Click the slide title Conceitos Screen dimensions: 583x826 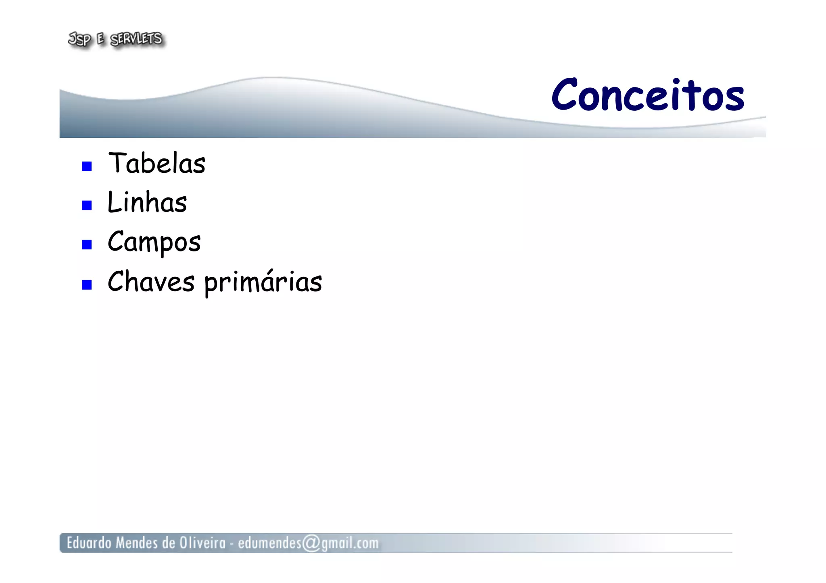pyautogui.click(x=647, y=95)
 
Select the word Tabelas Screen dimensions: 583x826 pyautogui.click(x=157, y=163)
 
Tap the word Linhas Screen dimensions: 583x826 pyautogui.click(x=147, y=202)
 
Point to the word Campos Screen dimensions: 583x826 pyautogui.click(x=154, y=242)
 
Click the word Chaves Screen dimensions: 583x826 pyautogui.click(x=151, y=281)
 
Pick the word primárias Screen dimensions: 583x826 pyautogui.click(x=263, y=282)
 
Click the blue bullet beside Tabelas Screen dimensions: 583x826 pyautogui.click(x=87, y=166)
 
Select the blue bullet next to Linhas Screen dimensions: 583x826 pyautogui.click(x=87, y=205)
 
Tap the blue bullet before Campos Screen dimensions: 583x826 pyautogui.click(x=87, y=245)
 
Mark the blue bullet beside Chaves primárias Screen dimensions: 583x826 pyautogui.click(x=87, y=285)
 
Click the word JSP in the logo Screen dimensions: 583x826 pyautogui.click(x=79, y=39)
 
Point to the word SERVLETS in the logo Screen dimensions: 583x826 pyautogui.click(x=136, y=39)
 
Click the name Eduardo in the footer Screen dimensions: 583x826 pyautogui.click(x=89, y=543)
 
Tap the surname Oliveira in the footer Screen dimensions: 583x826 pyautogui.click(x=202, y=543)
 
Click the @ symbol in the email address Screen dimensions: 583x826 pyautogui.click(x=311, y=543)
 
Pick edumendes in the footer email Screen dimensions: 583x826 pyautogui.click(x=269, y=543)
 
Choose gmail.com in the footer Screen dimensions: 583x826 pyautogui.click(x=350, y=544)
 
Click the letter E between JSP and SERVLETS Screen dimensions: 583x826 pyautogui.click(x=100, y=39)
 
